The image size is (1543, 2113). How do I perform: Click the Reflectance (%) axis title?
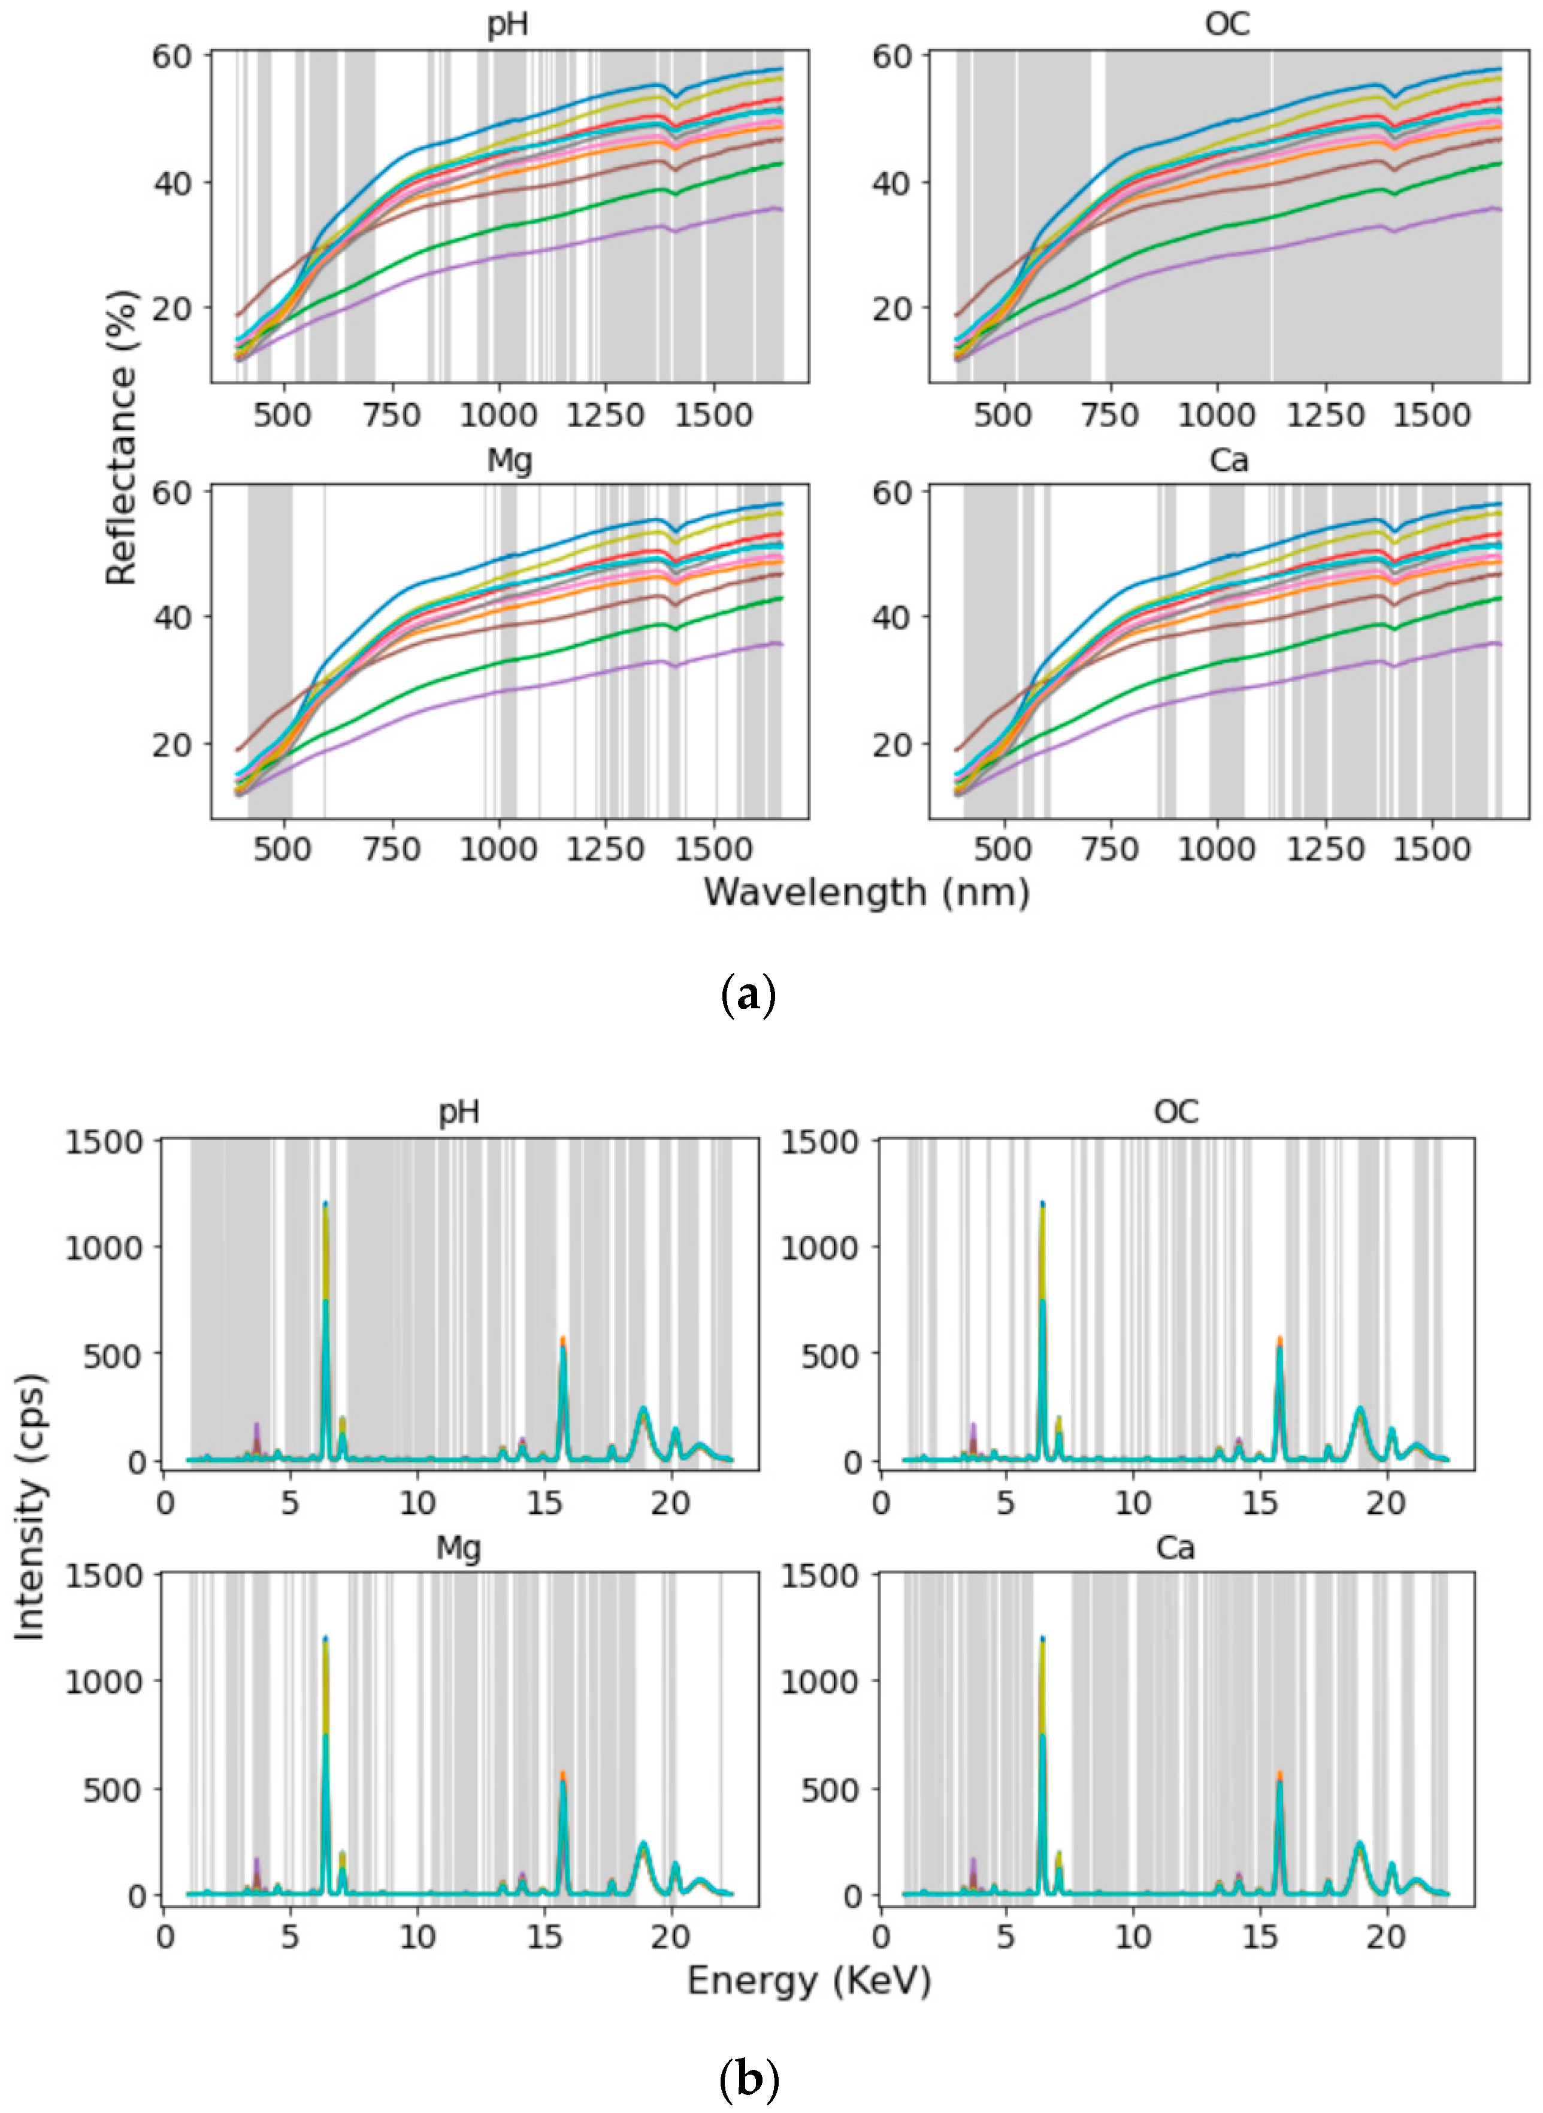point(122,437)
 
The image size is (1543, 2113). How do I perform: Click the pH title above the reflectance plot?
point(508,25)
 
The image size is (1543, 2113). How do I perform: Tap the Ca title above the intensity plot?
point(1175,1548)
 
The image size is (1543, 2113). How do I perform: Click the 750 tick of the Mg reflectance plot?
point(391,849)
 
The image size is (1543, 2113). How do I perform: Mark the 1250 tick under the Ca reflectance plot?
point(1326,849)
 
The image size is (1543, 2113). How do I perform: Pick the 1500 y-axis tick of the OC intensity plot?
point(819,1141)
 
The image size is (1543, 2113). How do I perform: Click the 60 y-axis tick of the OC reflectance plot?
point(892,56)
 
